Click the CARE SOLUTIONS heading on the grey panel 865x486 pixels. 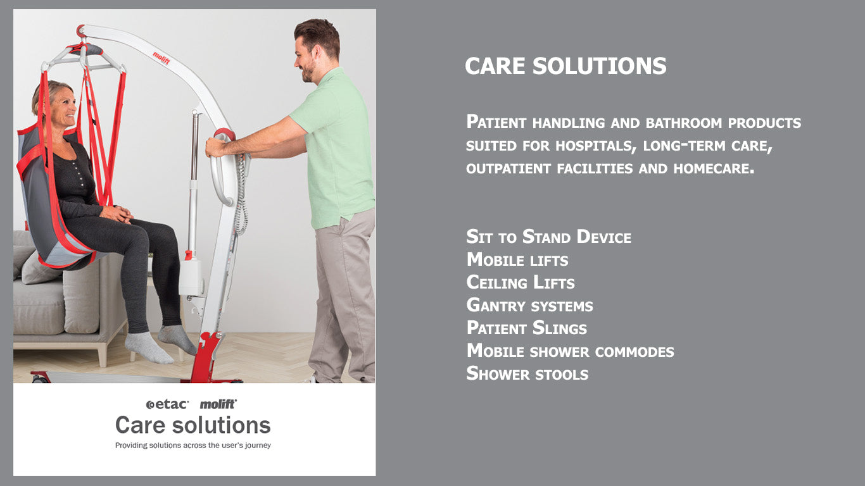tap(565, 66)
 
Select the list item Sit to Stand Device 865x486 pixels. tap(548, 237)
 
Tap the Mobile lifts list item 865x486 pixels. tap(517, 260)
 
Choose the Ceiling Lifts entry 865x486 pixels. tap(521, 283)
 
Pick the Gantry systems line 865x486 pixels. tap(529, 306)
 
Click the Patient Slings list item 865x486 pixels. tap(526, 328)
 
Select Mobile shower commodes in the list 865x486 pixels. tap(570, 351)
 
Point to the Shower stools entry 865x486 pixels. tap(527, 374)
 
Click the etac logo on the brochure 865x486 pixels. tap(167, 404)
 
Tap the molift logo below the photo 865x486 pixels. tap(218, 404)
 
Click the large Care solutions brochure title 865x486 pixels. tap(193, 425)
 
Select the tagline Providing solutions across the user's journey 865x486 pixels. tap(193, 445)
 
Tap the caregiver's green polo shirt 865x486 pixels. tap(336, 146)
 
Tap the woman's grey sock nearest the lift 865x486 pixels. tap(177, 340)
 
